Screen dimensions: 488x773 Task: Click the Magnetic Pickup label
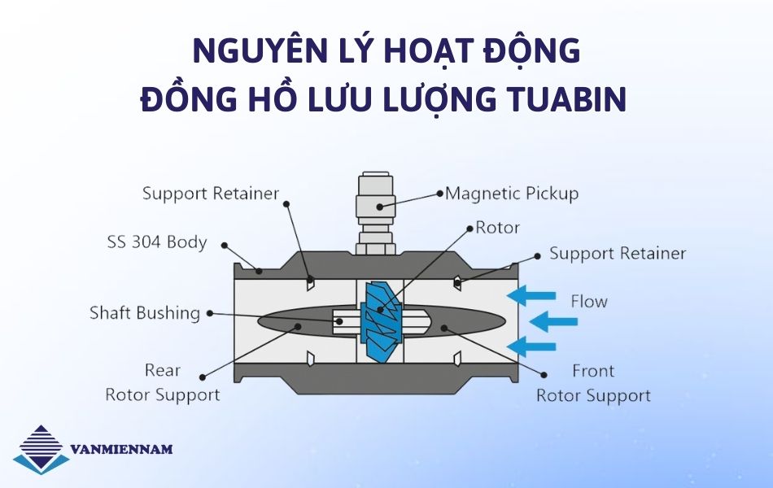click(x=512, y=194)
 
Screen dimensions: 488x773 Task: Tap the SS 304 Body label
click(x=157, y=242)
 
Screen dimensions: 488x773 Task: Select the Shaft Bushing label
click(x=145, y=313)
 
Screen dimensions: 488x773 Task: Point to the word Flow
click(x=588, y=301)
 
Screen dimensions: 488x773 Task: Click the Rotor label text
click(x=497, y=228)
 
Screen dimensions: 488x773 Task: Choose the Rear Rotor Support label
click(x=163, y=382)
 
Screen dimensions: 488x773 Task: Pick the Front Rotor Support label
click(x=593, y=383)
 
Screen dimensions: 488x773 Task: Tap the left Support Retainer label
click(x=211, y=194)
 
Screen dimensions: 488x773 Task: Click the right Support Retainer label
click(x=618, y=253)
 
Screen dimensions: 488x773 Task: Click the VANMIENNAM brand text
click(x=122, y=449)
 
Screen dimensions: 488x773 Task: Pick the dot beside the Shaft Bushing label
click(x=209, y=313)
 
